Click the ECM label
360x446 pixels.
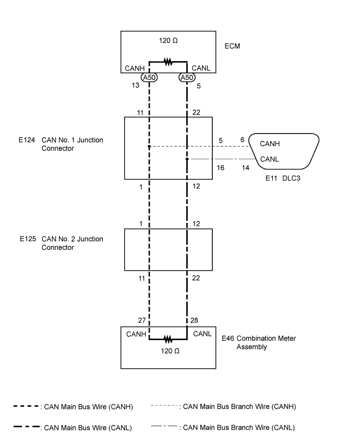[232, 46]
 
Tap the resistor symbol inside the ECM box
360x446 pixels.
[168, 62]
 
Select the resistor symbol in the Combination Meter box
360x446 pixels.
[168, 339]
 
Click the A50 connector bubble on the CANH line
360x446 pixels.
[149, 77]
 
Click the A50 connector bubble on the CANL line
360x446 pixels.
[187, 77]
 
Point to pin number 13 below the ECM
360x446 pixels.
[136, 86]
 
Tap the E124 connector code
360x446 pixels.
[27, 140]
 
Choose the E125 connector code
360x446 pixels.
[28, 239]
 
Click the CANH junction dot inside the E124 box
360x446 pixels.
[149, 147]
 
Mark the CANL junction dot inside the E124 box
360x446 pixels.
[187, 159]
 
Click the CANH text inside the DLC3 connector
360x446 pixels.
[270, 144]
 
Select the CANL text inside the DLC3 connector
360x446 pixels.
[270, 159]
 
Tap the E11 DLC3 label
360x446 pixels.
[283, 178]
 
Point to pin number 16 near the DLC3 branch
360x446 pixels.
[221, 168]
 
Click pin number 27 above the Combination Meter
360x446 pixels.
[142, 321]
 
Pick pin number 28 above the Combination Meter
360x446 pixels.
[194, 321]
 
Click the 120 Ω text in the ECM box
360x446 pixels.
[168, 41]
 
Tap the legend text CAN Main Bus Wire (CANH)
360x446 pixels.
[89, 407]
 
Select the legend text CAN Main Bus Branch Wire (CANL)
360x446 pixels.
[239, 428]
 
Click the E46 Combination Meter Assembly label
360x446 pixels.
[259, 343]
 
